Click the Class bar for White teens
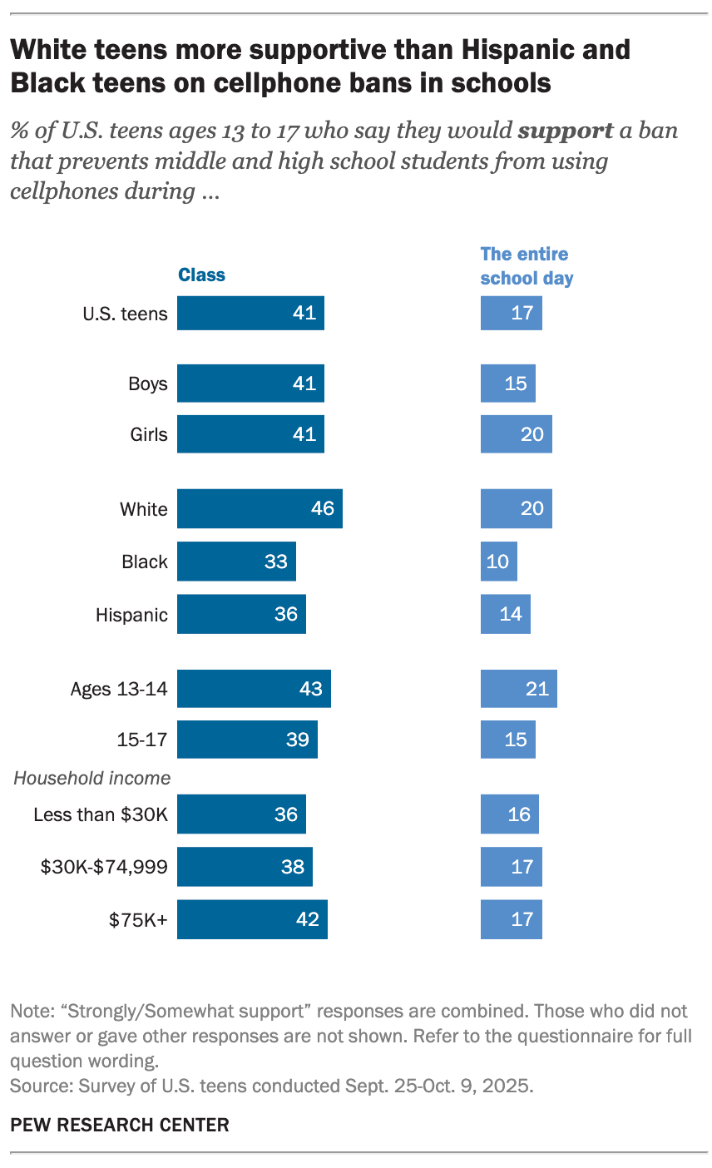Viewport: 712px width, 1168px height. click(260, 509)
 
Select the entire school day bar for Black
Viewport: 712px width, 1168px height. click(498, 562)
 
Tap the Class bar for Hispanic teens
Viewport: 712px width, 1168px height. click(241, 614)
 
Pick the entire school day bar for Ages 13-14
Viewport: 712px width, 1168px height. click(518, 689)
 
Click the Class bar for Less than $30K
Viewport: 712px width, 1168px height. click(241, 814)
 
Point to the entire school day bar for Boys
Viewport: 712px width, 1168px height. click(507, 384)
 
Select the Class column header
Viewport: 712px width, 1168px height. click(201, 275)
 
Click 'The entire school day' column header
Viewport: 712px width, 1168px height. click(527, 266)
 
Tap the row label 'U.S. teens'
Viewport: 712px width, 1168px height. click(125, 314)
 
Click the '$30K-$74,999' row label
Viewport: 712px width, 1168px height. click(104, 867)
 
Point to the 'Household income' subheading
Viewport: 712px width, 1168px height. click(91, 779)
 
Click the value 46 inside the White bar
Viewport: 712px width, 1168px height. click(323, 509)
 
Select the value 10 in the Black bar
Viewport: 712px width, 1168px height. click(497, 562)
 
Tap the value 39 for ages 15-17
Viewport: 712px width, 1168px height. click(298, 739)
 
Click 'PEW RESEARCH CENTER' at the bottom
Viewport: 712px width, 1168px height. click(119, 1126)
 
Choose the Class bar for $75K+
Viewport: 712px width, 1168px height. click(252, 919)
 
